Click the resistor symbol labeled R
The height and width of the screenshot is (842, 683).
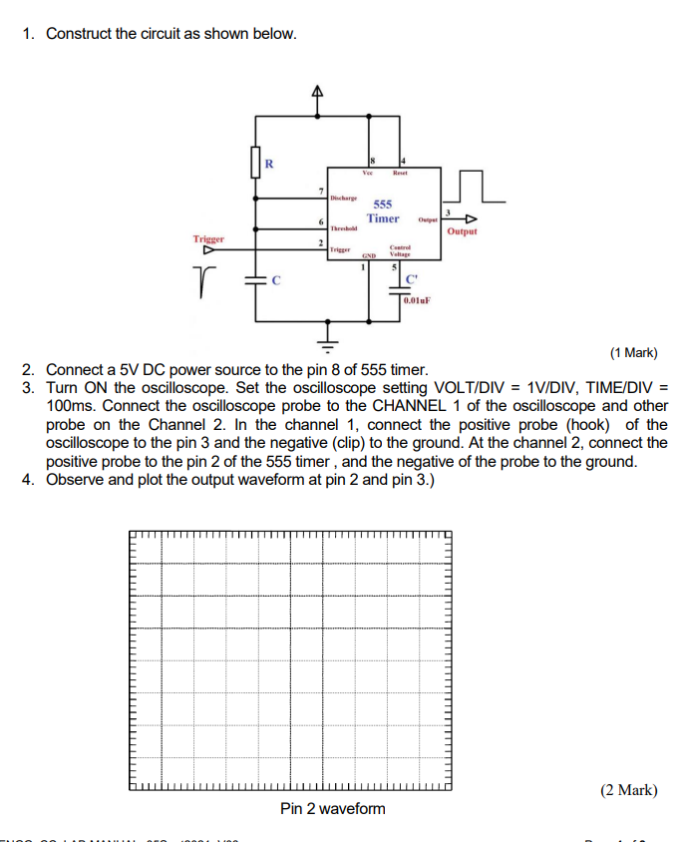pos(255,163)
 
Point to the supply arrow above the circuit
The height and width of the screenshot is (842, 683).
pos(318,93)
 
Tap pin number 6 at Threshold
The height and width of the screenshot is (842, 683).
pos(321,220)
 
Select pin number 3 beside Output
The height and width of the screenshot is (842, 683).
pos(449,211)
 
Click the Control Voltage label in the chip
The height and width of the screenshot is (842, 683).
pos(400,250)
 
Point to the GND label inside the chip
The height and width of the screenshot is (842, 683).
pos(368,255)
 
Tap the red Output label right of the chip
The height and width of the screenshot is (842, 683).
pos(462,231)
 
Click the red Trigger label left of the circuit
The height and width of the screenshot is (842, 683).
pos(209,239)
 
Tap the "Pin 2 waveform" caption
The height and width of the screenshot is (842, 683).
pos(332,808)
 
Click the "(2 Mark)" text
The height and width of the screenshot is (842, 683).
pos(628,790)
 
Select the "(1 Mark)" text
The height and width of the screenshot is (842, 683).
pos(634,352)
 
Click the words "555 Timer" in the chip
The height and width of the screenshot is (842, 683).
pos(383,210)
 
